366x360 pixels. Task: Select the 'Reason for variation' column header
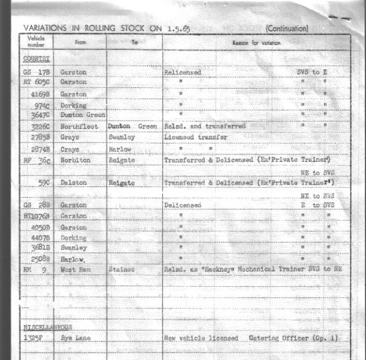(x=256, y=42)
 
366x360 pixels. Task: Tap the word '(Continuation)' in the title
(x=287, y=28)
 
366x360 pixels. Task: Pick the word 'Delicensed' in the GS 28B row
(x=183, y=205)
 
